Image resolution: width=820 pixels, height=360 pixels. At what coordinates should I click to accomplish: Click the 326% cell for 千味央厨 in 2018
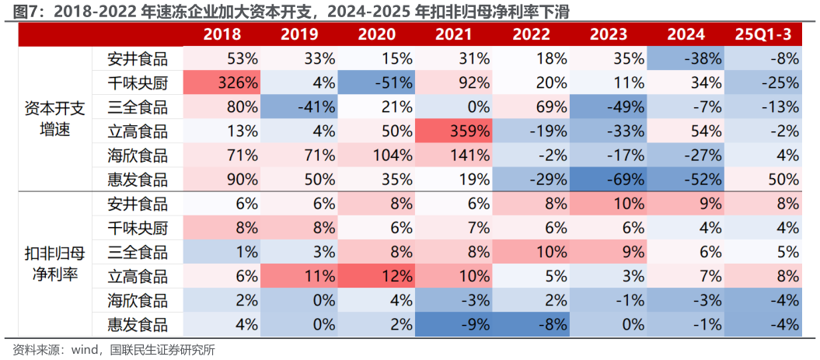222,82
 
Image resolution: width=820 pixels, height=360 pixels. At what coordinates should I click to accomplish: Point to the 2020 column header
376,34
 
